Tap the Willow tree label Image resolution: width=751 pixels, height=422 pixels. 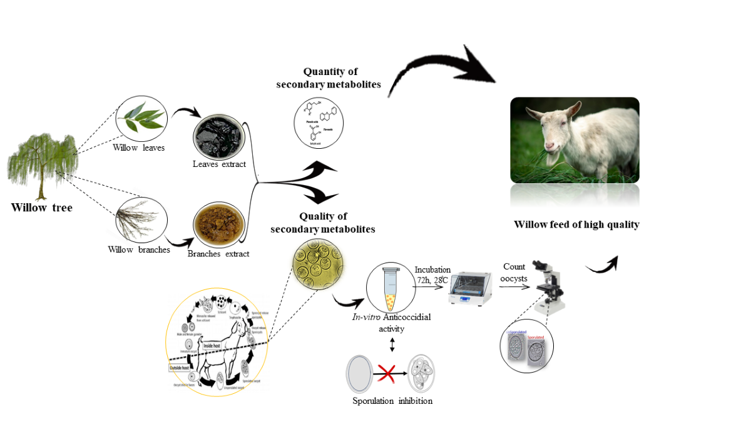[x=41, y=208]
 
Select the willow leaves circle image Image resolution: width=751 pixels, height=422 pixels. [x=140, y=118]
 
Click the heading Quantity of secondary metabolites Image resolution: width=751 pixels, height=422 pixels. [x=329, y=78]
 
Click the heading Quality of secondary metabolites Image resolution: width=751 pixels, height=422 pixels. [x=323, y=223]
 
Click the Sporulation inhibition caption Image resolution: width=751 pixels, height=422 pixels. [x=392, y=401]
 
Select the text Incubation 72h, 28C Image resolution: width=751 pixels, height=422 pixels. [x=432, y=274]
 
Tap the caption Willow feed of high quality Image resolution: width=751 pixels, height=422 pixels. [x=576, y=224]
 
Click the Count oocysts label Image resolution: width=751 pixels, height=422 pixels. [x=514, y=271]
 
